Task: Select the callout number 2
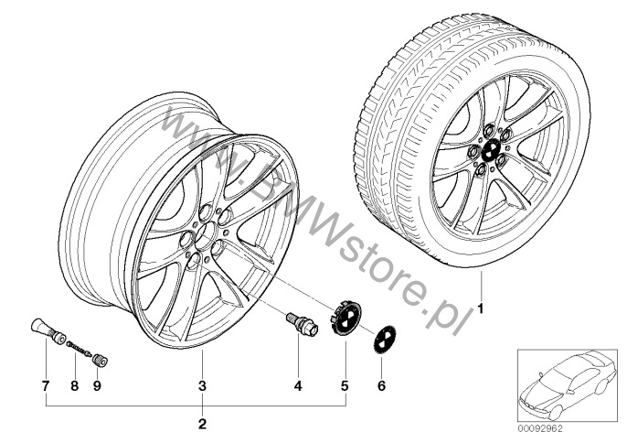click(202, 424)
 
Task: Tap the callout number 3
click(202, 385)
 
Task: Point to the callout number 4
click(298, 385)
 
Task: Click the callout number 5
click(345, 385)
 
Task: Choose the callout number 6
click(381, 385)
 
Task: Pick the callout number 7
click(46, 385)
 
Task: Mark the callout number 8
click(75, 385)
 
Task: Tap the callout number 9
click(97, 385)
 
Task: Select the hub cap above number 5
click(345, 318)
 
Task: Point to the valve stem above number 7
click(48, 331)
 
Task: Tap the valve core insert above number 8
click(80, 347)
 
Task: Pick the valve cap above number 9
click(100, 359)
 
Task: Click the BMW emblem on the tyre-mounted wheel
click(490, 151)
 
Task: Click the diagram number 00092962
click(541, 429)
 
